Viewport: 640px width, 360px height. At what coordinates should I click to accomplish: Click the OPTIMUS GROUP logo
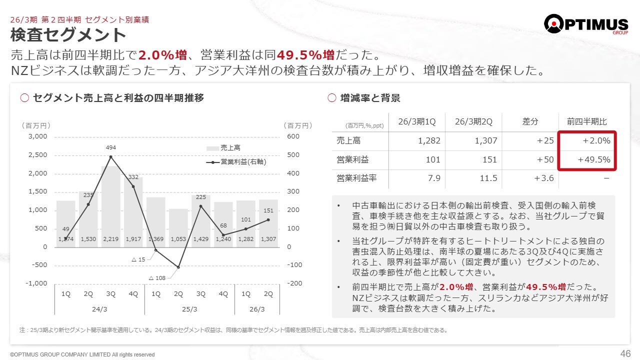(585, 24)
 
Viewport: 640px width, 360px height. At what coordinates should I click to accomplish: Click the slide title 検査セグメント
(68, 35)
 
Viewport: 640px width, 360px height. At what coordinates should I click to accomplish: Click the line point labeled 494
(111, 157)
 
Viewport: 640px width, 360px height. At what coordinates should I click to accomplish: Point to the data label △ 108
(157, 277)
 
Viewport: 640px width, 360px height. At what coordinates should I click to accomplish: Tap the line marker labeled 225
(201, 206)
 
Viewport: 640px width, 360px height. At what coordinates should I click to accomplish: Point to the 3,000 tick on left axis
(37, 136)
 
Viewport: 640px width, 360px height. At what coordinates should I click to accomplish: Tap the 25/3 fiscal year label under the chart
(189, 309)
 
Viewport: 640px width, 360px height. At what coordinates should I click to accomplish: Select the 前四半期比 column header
(587, 121)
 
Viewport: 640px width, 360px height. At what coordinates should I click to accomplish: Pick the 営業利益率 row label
(356, 178)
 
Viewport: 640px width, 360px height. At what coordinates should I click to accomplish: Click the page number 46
(625, 353)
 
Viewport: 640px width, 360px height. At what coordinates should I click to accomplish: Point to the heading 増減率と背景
(370, 98)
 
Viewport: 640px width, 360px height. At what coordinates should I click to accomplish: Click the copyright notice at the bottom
(82, 354)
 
